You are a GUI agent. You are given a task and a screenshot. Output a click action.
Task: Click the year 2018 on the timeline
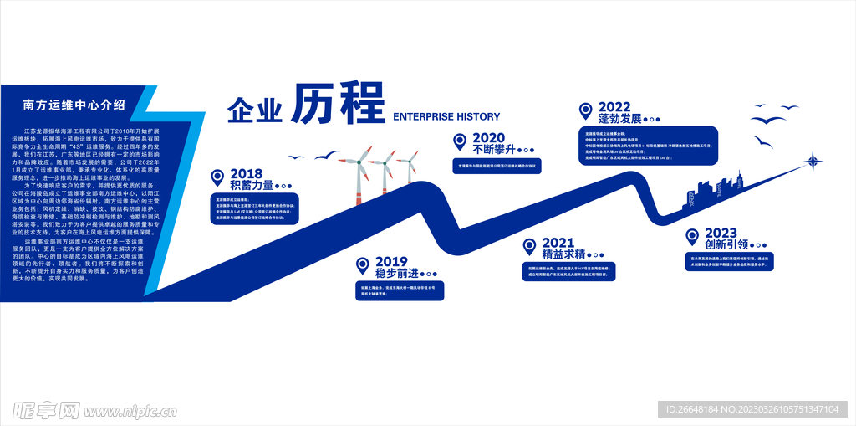(x=247, y=174)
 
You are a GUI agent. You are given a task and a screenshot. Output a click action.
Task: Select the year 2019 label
(x=391, y=262)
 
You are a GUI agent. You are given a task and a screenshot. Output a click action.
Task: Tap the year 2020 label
(x=488, y=138)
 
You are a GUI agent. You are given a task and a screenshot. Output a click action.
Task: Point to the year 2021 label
(x=558, y=243)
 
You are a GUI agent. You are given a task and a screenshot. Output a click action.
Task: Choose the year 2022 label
(x=614, y=106)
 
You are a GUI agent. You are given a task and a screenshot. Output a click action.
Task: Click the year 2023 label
(x=721, y=233)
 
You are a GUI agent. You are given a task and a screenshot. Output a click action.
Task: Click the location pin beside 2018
(x=217, y=177)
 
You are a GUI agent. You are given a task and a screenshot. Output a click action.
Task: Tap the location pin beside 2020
(x=459, y=141)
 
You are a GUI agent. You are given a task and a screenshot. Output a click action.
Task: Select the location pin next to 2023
(x=692, y=236)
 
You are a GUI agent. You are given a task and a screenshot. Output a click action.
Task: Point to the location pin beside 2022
(x=585, y=110)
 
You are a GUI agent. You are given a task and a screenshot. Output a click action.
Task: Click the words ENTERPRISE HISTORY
(x=446, y=117)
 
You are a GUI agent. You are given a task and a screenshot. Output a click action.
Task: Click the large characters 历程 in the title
(x=337, y=103)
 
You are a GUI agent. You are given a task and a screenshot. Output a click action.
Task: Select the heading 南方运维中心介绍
(x=74, y=105)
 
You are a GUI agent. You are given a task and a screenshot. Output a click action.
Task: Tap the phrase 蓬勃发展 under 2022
(x=614, y=119)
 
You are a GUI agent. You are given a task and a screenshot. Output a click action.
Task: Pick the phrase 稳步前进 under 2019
(x=397, y=274)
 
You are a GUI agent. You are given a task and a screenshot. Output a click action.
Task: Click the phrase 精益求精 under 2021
(x=561, y=254)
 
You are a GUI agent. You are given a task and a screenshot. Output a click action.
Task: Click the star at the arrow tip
(x=812, y=161)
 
